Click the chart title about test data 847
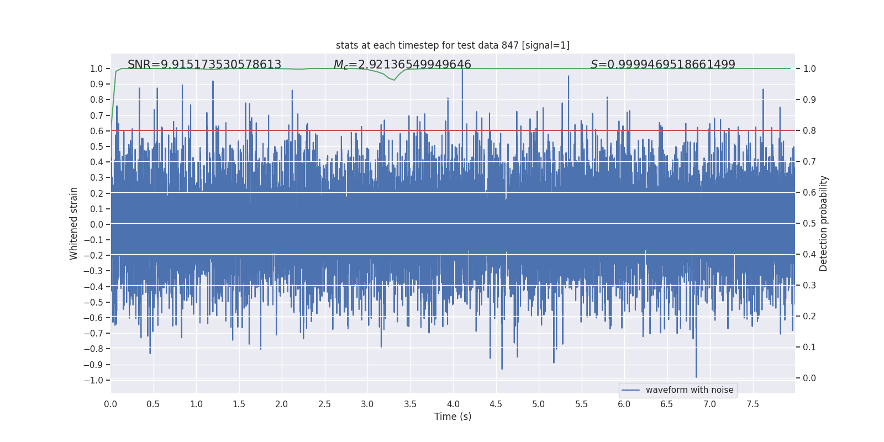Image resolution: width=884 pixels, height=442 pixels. pos(452,45)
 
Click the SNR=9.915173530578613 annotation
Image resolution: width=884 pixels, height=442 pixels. pos(204,65)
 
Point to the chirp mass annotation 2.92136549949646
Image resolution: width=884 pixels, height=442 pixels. pos(402,65)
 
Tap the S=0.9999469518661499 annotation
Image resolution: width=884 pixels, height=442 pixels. pos(662,65)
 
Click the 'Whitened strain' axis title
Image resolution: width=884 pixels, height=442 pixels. pos(74,223)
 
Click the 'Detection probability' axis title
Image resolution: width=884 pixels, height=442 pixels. pos(824,223)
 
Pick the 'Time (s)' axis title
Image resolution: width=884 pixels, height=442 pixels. pos(452,417)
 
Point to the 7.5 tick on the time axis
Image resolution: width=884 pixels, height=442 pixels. pos(753,404)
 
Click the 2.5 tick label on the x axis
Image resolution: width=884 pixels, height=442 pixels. pos(324,404)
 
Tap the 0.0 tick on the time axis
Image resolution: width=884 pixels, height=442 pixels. pos(110,404)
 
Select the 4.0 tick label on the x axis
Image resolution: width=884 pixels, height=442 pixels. pos(453,404)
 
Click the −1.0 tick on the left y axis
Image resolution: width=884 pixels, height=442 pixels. pos(93,380)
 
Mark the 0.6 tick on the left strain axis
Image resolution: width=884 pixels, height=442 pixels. pos(97,131)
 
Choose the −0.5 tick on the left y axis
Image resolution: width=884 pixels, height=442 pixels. pos(93,302)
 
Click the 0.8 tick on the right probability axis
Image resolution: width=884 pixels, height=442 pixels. pos(809,131)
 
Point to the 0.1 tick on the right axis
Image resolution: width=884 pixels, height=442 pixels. pos(809,348)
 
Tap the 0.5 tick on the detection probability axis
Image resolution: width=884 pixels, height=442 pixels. pos(809,224)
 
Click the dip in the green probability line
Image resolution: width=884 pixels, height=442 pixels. pos(394,80)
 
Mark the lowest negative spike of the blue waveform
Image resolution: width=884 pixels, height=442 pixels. pos(696,377)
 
